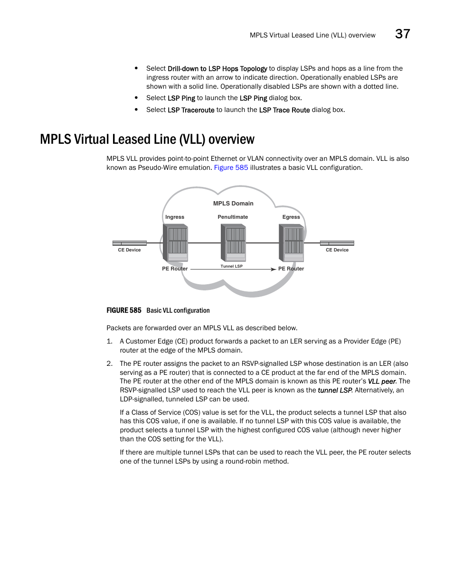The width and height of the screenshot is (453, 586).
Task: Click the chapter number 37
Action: pos(402,34)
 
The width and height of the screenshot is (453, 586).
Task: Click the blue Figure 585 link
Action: pos(231,167)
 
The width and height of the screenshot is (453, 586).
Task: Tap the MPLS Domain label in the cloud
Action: pos(233,204)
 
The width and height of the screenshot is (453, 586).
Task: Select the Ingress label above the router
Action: pos(175,217)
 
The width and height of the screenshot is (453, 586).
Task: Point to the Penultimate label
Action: pos(233,217)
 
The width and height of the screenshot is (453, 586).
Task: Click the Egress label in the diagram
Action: pos(291,217)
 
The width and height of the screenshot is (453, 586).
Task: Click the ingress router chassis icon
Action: pos(175,242)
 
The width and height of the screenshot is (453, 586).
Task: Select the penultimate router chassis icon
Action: pos(233,242)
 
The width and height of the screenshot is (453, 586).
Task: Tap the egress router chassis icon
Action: pos(291,242)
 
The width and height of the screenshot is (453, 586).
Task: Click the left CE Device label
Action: pos(129,250)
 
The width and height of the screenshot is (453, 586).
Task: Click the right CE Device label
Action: pos(337,250)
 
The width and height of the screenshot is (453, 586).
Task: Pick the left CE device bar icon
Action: pos(129,243)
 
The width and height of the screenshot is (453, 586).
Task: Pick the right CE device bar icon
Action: pos(337,243)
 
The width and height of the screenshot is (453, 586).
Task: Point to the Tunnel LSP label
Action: pos(232,266)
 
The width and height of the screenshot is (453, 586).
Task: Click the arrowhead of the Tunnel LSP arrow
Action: pos(273,270)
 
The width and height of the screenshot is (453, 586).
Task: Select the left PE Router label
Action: pos(175,269)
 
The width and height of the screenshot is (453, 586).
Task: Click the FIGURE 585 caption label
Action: pos(124,310)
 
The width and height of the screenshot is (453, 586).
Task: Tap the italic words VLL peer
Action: pos(382,381)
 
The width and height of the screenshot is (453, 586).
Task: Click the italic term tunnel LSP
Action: pos(335,390)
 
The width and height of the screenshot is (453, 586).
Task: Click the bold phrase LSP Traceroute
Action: pos(191,110)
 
